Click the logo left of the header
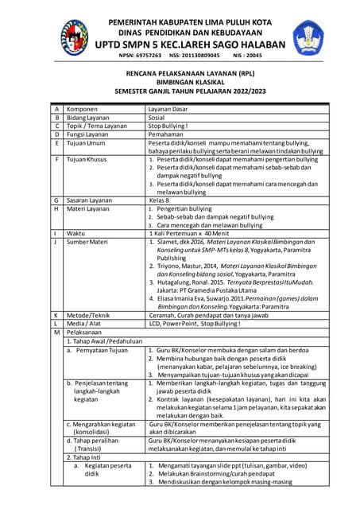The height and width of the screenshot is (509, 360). pos(74,36)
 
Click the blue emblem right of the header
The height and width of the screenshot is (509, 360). pos(308,36)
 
